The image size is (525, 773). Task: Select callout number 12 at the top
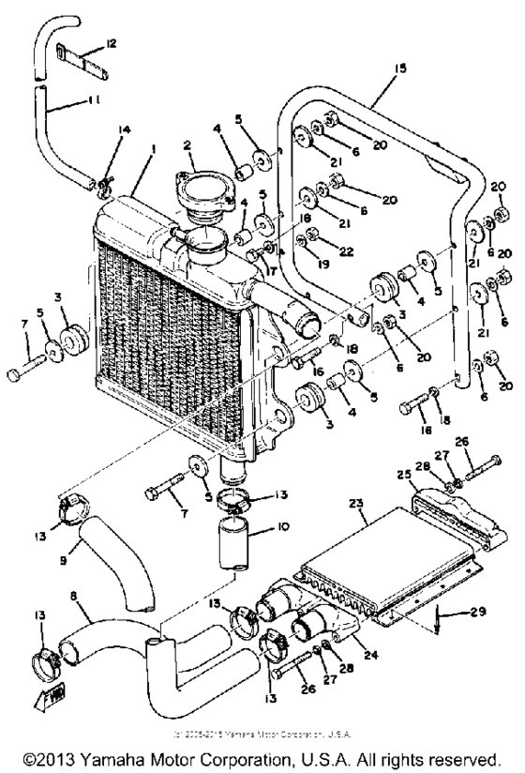click(112, 43)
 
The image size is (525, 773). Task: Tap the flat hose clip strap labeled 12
click(80, 59)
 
